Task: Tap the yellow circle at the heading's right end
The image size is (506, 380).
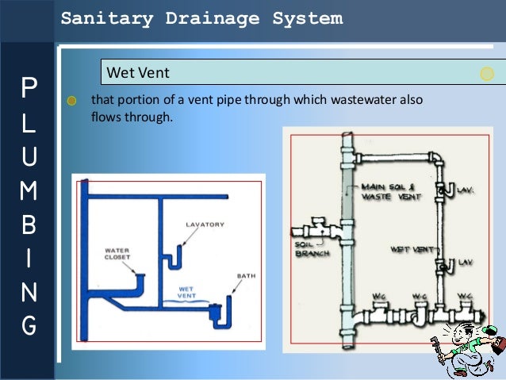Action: coord(487,74)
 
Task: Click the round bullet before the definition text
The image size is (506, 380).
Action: coord(72,101)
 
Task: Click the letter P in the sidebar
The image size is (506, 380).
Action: coord(29,88)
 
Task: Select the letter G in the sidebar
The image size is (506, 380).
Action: coord(29,325)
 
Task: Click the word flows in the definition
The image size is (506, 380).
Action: coord(105,117)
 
